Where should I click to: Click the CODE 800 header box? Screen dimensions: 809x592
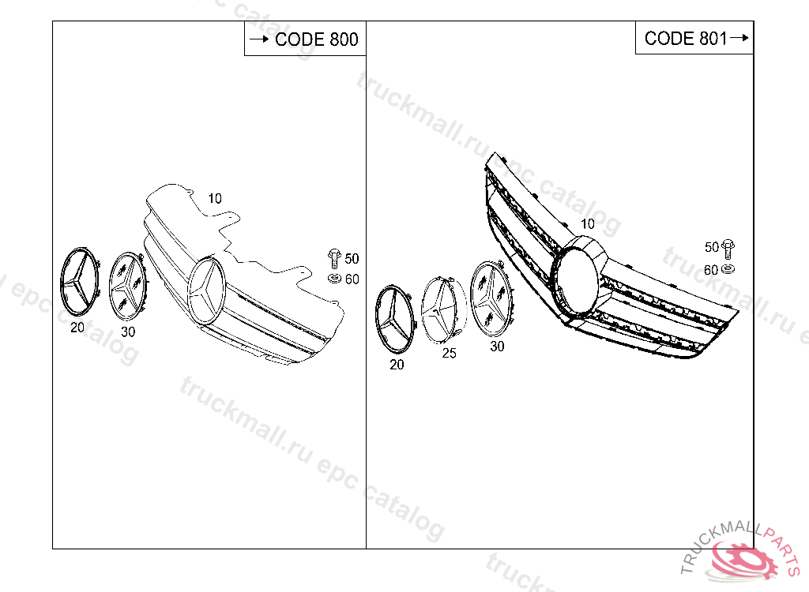coord(305,38)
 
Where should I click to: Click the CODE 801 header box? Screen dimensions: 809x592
coord(694,38)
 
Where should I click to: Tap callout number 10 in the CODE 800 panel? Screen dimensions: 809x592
coord(215,199)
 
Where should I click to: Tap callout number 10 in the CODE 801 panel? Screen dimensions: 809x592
coord(588,224)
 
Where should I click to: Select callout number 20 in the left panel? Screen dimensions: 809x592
coord(77,328)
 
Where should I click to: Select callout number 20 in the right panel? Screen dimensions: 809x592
coord(397,365)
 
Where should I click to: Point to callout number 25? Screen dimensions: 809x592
coord(449,354)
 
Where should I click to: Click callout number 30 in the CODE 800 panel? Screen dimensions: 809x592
coord(128,332)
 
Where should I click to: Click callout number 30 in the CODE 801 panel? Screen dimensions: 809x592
coord(497,347)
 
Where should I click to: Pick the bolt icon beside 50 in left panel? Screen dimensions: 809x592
coord(334,258)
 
